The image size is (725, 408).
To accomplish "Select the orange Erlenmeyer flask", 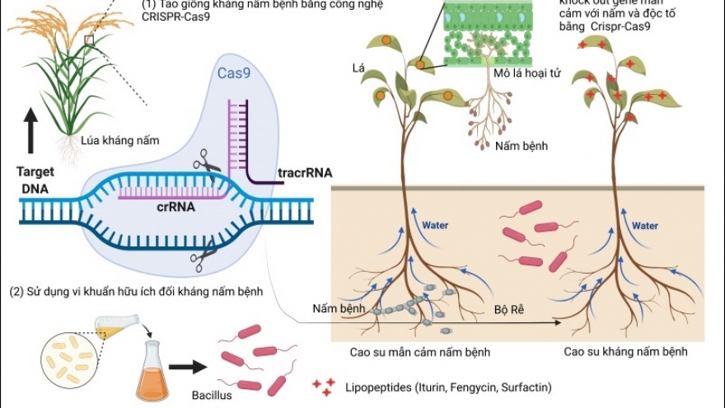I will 155,371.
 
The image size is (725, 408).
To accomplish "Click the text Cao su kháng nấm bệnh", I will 625,352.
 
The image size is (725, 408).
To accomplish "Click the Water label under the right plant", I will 644,225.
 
